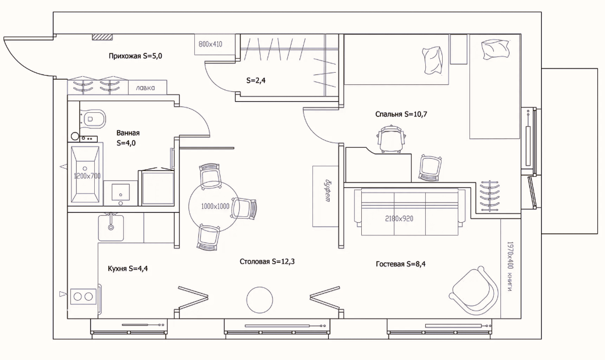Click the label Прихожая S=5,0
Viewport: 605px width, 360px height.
130,56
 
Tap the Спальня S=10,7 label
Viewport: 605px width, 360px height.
401,114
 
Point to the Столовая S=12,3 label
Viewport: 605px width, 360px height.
267,262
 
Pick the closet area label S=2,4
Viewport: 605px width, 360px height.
256,81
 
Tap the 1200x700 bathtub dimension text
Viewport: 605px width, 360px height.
87,175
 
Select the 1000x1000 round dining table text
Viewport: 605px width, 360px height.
215,206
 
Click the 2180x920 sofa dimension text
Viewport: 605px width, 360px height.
399,219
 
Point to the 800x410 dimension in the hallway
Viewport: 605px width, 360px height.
211,44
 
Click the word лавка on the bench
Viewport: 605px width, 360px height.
145,88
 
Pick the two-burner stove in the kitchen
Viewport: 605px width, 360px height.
83,297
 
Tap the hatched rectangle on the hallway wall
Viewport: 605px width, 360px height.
102,37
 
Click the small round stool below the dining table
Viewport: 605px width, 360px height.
259,300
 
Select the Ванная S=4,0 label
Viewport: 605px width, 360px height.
127,137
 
